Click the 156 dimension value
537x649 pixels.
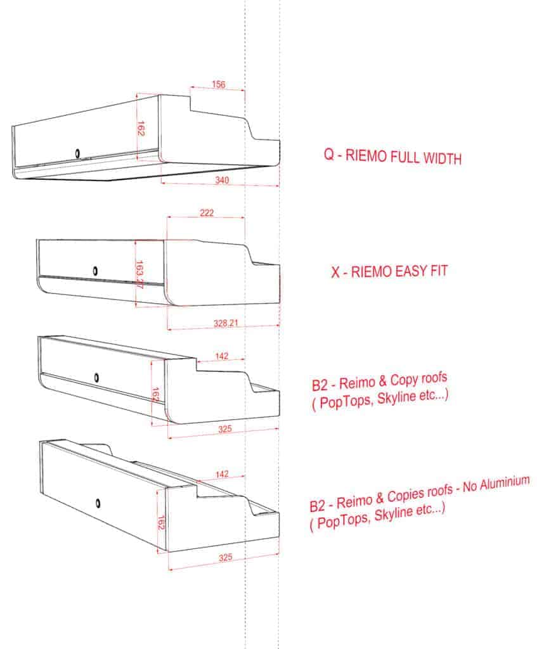tap(219, 84)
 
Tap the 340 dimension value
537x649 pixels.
tap(222, 180)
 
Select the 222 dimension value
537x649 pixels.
tap(207, 213)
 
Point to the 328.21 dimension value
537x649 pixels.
tap(226, 323)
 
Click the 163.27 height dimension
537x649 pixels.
tap(139, 274)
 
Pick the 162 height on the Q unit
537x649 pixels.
tap(141, 128)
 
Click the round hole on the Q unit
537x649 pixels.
tap(77, 153)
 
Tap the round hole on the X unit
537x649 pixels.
tap(95, 271)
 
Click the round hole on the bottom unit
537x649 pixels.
tap(98, 503)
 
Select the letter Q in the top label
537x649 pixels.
tap(329, 155)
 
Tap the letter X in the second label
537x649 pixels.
tap(335, 273)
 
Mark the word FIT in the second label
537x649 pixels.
tap(439, 271)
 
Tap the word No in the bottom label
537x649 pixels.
tap(470, 487)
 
